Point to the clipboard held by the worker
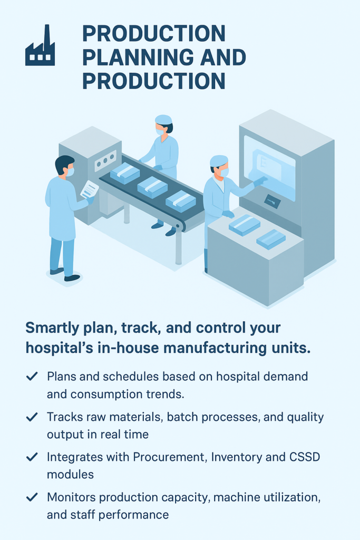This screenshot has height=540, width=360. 90,189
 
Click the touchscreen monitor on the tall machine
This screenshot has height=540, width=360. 269,167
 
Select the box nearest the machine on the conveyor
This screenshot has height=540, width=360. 125,172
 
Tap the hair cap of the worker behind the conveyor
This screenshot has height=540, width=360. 163,119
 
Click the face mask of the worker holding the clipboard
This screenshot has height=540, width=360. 70,171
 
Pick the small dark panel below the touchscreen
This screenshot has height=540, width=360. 272,201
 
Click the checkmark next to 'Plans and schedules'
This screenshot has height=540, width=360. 32,376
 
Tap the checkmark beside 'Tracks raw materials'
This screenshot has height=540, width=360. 32,417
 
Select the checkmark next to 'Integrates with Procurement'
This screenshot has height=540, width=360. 32,457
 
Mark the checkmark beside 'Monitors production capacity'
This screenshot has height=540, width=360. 32,497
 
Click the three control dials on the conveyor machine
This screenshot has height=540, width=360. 105,160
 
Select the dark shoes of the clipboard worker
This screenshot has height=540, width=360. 65,274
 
